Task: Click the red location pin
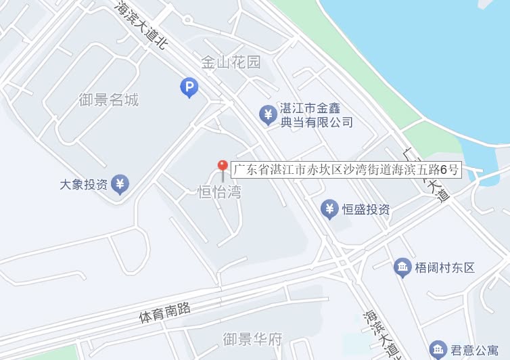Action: pyautogui.click(x=222, y=167)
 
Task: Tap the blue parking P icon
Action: pyautogui.click(x=189, y=87)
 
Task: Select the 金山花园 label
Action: pyautogui.click(x=231, y=63)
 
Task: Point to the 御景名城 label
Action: pyautogui.click(x=108, y=100)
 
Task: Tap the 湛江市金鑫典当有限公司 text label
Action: pyautogui.click(x=317, y=115)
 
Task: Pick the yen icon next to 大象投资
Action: pyautogui.click(x=120, y=183)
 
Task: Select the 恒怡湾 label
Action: pyautogui.click(x=219, y=192)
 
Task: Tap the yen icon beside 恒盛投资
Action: pyautogui.click(x=329, y=209)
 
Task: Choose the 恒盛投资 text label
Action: pyautogui.click(x=366, y=210)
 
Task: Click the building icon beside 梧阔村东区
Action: pyautogui.click(x=402, y=267)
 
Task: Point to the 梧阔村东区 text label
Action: pyautogui.click(x=444, y=267)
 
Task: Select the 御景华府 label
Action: pyautogui.click(x=252, y=338)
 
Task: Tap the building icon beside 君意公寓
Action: pyautogui.click(x=438, y=349)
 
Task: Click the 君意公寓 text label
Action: pyautogui.click(x=476, y=351)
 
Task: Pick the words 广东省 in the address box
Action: pyautogui.click(x=252, y=169)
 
